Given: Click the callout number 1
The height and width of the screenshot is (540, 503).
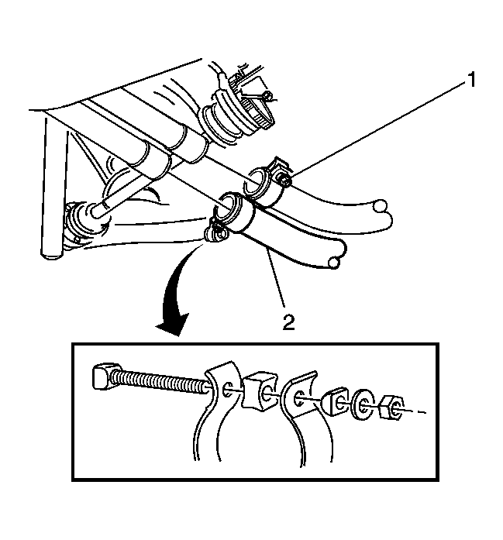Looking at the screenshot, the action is (x=471, y=80).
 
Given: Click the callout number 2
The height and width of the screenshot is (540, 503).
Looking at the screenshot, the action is (x=289, y=322).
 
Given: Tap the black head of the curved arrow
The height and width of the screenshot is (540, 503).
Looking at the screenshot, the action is (x=172, y=324).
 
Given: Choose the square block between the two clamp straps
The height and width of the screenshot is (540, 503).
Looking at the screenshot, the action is (x=261, y=391).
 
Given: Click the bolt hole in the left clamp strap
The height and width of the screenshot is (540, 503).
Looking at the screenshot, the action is (x=228, y=389).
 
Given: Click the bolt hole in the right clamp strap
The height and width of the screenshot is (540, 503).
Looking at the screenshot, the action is (x=298, y=399).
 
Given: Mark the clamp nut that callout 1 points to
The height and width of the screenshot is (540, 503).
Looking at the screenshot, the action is (x=285, y=181).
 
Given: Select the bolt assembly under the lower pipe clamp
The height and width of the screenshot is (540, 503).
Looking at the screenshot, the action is (x=216, y=233).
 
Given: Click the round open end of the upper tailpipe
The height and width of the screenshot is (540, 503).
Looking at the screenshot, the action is (x=381, y=206).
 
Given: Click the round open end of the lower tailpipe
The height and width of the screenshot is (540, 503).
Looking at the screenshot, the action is (x=333, y=263).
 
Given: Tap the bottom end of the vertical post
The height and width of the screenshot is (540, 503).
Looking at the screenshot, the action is (x=52, y=253).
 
